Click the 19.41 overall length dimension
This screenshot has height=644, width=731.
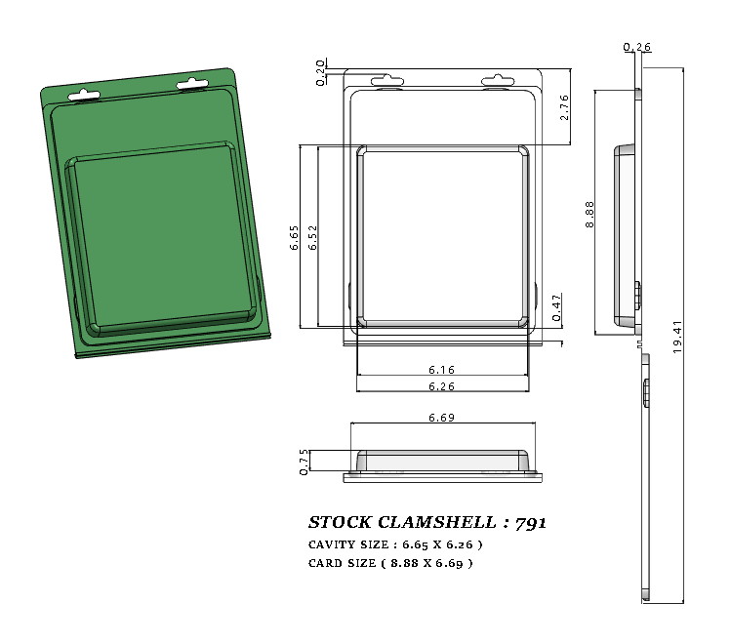pyautogui.click(x=677, y=337)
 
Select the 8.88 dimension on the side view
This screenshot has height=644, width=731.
pyautogui.click(x=589, y=214)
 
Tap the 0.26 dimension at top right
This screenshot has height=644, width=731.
pyautogui.click(x=636, y=47)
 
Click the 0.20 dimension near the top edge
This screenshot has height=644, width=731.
pyautogui.click(x=321, y=72)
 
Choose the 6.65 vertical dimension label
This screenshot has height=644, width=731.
pyautogui.click(x=294, y=238)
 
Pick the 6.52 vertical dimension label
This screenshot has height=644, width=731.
pyautogui.click(x=312, y=238)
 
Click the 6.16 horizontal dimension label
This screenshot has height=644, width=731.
pyautogui.click(x=441, y=370)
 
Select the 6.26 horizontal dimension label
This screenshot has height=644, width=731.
pyautogui.click(x=441, y=387)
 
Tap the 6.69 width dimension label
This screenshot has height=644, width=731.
pyautogui.click(x=441, y=418)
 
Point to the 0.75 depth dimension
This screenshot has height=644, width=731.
pyautogui.click(x=305, y=462)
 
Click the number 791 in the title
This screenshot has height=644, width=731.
pyautogui.click(x=531, y=522)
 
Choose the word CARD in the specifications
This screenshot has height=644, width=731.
pyautogui.click(x=324, y=563)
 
